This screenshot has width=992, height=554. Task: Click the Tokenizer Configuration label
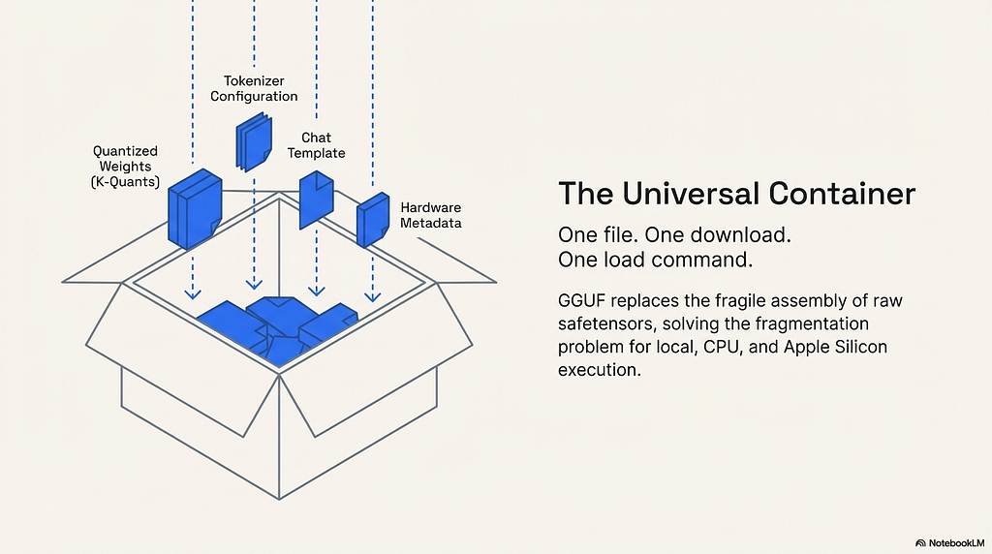click(x=254, y=88)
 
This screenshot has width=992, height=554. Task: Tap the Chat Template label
click(x=317, y=145)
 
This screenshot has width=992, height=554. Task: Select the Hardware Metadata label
click(x=431, y=215)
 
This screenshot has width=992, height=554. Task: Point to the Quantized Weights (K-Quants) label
click(x=125, y=167)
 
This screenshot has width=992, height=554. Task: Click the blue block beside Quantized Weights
click(x=195, y=208)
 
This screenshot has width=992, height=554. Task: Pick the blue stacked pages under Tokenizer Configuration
click(x=254, y=141)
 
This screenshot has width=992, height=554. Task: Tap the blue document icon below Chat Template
click(x=317, y=200)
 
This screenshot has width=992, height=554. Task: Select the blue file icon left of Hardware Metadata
click(x=373, y=220)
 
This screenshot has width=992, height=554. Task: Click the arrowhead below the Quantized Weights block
click(x=193, y=294)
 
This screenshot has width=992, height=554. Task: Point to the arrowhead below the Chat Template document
click(x=317, y=291)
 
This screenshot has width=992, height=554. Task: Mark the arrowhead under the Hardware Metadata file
click(x=373, y=296)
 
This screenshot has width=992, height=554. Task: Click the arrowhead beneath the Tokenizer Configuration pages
click(x=254, y=285)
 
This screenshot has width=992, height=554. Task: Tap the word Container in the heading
click(x=843, y=194)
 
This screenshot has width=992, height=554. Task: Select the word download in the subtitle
click(x=740, y=235)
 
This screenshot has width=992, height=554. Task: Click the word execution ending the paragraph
click(x=599, y=370)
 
